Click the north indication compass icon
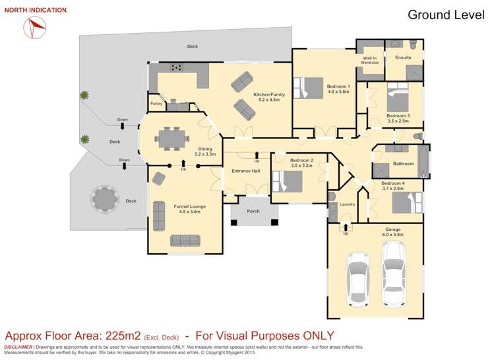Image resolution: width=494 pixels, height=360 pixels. pos(35,26)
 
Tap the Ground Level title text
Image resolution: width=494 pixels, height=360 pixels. pos(446,15)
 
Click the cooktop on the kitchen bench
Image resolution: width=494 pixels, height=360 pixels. pos(177,67)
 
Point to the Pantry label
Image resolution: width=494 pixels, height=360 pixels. pos(156,104)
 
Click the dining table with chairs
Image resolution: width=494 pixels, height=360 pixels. pos(175,138)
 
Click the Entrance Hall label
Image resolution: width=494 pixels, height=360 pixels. pos(245,171)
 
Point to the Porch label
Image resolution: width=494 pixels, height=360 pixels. pos(253,212)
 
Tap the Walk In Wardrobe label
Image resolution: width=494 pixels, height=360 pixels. pos(369,60)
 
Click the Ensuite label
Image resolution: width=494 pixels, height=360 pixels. pos(403,57)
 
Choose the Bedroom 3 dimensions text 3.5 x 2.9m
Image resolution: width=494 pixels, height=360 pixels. pos(398,121)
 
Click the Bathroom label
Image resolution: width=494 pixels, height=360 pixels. pos(403,164)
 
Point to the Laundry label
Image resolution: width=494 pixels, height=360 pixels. pos(348,204)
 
